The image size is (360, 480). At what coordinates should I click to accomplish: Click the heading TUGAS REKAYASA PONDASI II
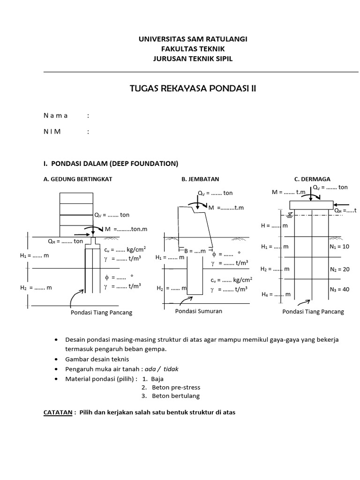coord(193,89)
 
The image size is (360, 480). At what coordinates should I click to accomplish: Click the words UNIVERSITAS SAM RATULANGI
coord(193,39)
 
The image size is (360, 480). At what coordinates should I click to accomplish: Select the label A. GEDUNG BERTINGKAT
coord(78,179)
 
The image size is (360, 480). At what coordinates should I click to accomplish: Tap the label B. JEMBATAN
coord(200,179)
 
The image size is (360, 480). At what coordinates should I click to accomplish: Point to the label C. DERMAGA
coord(312,179)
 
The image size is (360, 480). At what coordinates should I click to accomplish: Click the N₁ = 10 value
coord(339,246)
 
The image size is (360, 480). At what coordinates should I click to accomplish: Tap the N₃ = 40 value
coord(339,289)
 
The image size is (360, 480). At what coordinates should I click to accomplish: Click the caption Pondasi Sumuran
coord(198,311)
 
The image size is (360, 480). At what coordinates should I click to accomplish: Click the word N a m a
coord(56,115)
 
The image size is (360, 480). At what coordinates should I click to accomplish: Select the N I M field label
coord(52,131)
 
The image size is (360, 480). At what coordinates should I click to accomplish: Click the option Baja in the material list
coord(158,378)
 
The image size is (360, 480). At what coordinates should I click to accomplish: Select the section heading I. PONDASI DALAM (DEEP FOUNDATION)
coord(111,164)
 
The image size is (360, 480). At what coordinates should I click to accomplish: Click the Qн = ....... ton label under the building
coord(65,241)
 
